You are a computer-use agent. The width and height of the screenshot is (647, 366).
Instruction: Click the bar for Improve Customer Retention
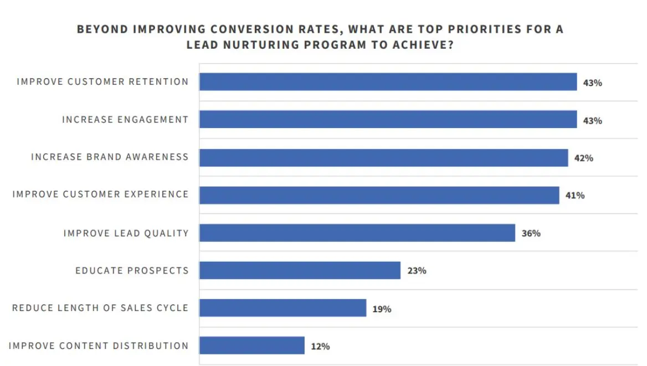(x=388, y=82)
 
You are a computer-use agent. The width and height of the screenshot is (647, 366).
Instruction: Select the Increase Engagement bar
(x=388, y=120)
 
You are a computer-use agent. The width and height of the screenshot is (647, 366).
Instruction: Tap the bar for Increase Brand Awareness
(x=383, y=157)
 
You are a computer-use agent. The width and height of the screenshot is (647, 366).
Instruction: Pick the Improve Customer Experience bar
(x=379, y=195)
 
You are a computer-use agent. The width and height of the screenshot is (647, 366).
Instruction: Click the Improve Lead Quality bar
(x=357, y=233)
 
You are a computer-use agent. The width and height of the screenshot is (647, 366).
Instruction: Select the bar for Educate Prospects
(x=300, y=271)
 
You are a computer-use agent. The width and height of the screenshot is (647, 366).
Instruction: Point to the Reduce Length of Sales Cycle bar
(x=283, y=308)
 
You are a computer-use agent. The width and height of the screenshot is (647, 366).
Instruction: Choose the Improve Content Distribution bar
(x=251, y=345)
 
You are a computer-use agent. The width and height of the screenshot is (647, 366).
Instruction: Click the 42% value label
(x=584, y=158)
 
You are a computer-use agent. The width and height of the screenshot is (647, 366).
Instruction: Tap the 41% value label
(x=575, y=196)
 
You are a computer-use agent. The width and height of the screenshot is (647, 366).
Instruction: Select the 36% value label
(x=531, y=233)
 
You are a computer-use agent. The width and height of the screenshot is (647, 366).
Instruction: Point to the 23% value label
(x=417, y=271)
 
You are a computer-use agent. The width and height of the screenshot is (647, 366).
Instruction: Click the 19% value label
(x=382, y=309)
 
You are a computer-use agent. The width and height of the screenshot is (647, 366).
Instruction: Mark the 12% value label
(x=320, y=347)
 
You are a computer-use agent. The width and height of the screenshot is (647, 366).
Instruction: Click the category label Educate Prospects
(x=132, y=271)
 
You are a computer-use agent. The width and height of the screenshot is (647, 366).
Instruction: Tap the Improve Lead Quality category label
(x=126, y=233)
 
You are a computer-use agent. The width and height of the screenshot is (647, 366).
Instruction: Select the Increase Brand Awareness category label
(x=110, y=157)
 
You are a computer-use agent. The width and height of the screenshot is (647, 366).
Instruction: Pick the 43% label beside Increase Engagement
(x=592, y=120)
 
